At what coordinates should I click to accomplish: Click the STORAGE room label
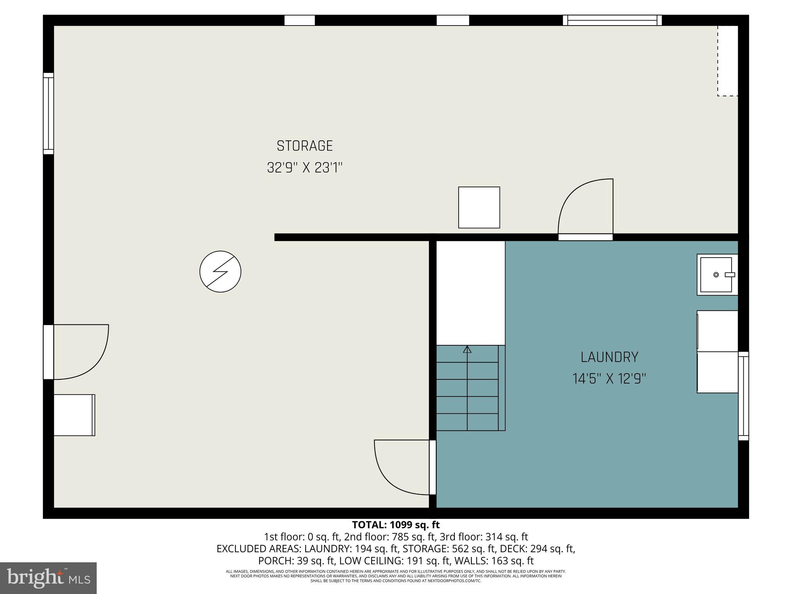[305, 146]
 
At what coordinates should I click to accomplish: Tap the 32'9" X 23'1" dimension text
[305, 168]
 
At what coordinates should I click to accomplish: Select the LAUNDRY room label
[609, 357]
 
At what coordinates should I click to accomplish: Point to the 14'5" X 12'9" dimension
[609, 379]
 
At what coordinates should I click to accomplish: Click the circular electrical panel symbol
[220, 271]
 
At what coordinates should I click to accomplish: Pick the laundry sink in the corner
[717, 275]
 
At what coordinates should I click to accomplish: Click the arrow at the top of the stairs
[467, 350]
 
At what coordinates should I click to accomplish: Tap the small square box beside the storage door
[479, 208]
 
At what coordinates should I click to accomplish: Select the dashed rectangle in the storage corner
[728, 61]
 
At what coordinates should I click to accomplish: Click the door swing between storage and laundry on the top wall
[585, 209]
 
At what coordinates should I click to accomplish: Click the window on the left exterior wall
[48, 113]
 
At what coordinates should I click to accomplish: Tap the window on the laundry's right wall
[743, 396]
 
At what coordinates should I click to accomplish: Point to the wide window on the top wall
[612, 20]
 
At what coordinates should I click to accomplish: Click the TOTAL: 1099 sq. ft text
[396, 525]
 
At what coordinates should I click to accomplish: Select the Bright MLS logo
[48, 578]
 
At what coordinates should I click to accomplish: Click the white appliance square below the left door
[74, 415]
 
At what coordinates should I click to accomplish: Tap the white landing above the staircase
[471, 293]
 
